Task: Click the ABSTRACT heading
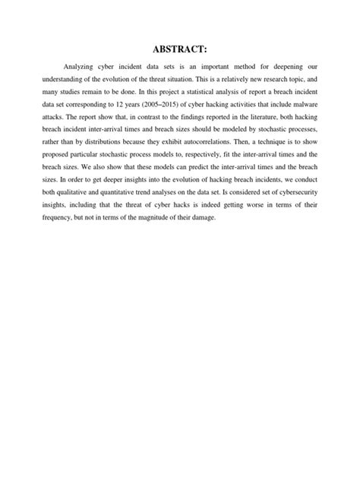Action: (179, 50)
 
